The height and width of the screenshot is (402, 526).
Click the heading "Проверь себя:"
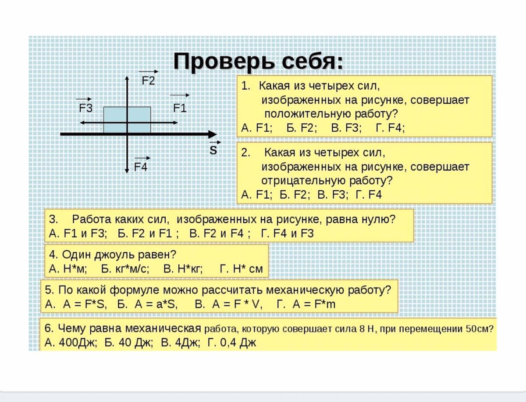(258, 62)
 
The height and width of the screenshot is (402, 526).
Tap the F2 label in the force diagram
(149, 80)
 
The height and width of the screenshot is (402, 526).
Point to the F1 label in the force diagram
(180, 108)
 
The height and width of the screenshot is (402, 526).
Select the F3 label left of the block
(85, 108)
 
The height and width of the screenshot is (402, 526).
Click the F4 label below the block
(141, 167)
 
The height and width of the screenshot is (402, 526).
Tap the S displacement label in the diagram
(213, 150)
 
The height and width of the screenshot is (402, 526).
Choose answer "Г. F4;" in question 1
(391, 128)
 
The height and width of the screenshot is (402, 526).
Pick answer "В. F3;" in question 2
(333, 195)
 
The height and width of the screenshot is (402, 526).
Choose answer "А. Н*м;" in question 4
(68, 269)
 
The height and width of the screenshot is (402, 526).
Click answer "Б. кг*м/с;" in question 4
(125, 269)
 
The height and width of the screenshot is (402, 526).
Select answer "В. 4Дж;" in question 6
(180, 343)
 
